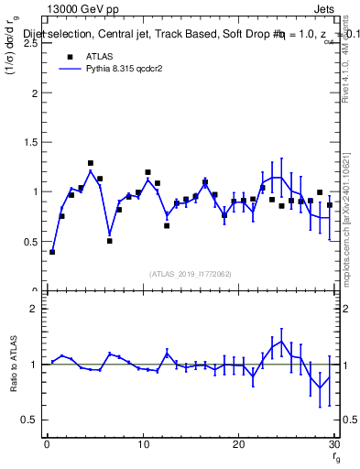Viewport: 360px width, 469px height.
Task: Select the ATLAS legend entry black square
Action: tap(69, 57)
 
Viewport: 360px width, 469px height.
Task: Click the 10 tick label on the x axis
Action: tap(143, 444)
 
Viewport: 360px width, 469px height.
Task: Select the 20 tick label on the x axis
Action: tap(238, 444)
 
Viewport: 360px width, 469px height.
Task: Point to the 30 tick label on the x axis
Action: tap(333, 444)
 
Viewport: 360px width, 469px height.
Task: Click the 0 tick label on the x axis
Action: tap(47, 444)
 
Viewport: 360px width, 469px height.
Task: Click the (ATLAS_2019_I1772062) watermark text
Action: tap(191, 274)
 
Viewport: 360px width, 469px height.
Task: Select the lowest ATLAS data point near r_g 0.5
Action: tap(52, 251)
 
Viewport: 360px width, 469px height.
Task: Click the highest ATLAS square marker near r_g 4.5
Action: tap(91, 163)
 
